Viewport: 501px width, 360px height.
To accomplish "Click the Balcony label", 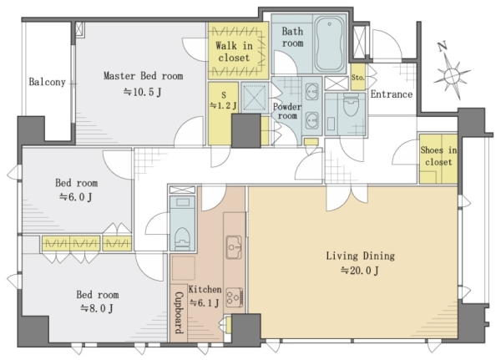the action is pos(47,82).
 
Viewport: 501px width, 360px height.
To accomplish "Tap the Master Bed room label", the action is pos(143,76).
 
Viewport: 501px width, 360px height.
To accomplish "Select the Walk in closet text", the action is pos(234,52).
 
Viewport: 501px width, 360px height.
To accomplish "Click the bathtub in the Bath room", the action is pos(330,43).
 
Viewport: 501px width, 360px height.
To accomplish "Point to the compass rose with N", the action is pos(451,74).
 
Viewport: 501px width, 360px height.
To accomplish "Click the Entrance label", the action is pos(392,94).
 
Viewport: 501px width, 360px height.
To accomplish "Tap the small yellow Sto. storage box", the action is pos(358,77).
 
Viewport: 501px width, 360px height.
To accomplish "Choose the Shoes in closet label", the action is pos(438,156).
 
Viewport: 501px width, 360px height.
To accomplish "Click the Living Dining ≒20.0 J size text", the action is pos(360,271).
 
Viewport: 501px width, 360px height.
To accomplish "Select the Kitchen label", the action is pos(205,289).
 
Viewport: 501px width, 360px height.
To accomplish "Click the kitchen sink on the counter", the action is pos(234,246).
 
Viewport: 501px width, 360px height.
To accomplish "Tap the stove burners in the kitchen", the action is pos(234,297).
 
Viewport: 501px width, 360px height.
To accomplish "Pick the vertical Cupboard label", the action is pos(180,312).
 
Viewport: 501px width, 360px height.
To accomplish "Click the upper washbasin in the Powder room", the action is pos(311,92).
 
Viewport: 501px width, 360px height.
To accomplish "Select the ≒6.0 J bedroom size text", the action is pos(76,197).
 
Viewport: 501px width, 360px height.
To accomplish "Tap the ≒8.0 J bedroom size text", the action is pos(97,308).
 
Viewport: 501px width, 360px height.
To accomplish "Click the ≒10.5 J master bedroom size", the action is pos(143,93).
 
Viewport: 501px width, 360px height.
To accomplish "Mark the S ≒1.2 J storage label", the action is pos(223,100).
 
